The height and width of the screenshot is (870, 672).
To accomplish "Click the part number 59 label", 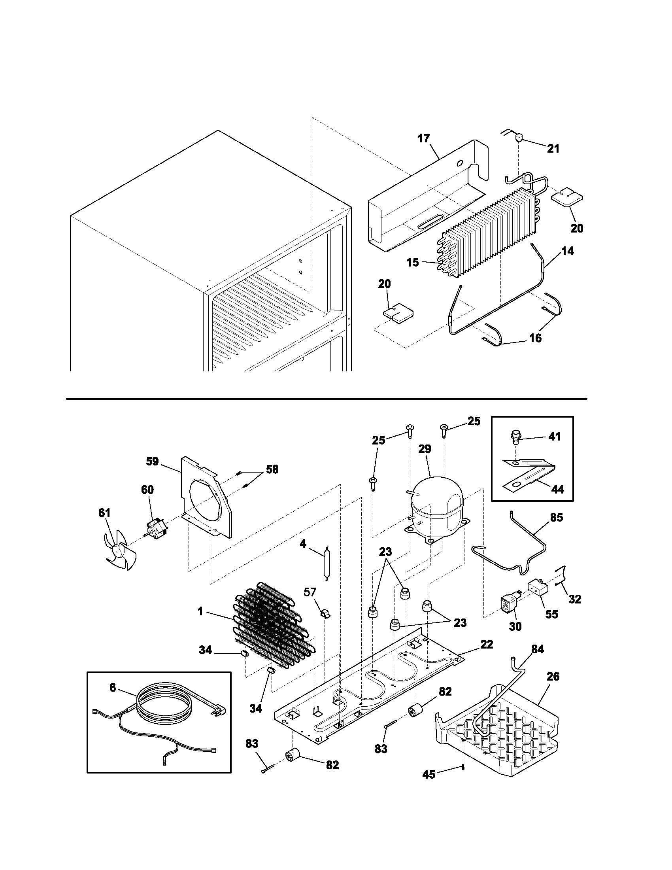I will click(x=152, y=461).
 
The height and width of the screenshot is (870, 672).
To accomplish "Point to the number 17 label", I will click(x=424, y=138).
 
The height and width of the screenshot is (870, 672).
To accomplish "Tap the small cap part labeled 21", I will click(x=519, y=138).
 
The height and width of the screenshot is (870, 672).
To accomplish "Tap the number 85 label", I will click(x=556, y=518).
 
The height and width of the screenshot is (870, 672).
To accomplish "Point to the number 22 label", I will click(x=487, y=644).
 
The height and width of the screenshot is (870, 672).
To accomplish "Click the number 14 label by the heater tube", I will click(x=567, y=251).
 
